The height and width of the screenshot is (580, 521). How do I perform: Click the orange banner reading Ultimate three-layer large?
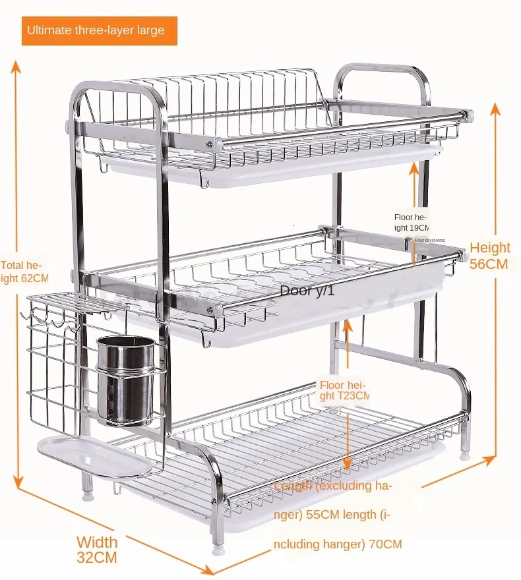point(100,30)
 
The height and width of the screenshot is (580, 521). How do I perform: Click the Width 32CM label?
point(97,550)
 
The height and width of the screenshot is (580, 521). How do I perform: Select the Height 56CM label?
point(489,256)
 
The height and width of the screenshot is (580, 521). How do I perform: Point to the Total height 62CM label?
point(24,271)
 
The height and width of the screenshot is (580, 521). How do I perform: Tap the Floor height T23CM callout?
point(344,390)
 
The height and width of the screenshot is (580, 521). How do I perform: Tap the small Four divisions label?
point(429,240)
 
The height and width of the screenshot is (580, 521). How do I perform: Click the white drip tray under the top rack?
point(277,168)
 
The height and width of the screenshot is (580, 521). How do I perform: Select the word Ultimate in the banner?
point(48,30)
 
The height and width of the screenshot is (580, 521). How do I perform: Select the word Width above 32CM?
point(97,542)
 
